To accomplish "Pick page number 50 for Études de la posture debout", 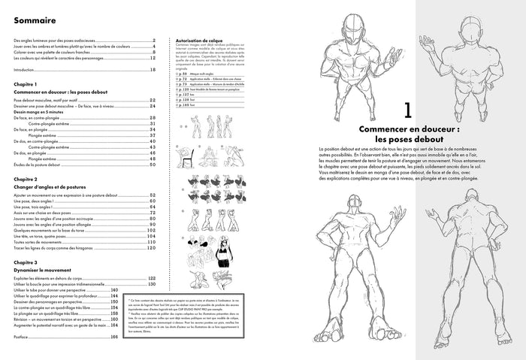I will (152, 164).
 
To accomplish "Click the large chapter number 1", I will (406, 110).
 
